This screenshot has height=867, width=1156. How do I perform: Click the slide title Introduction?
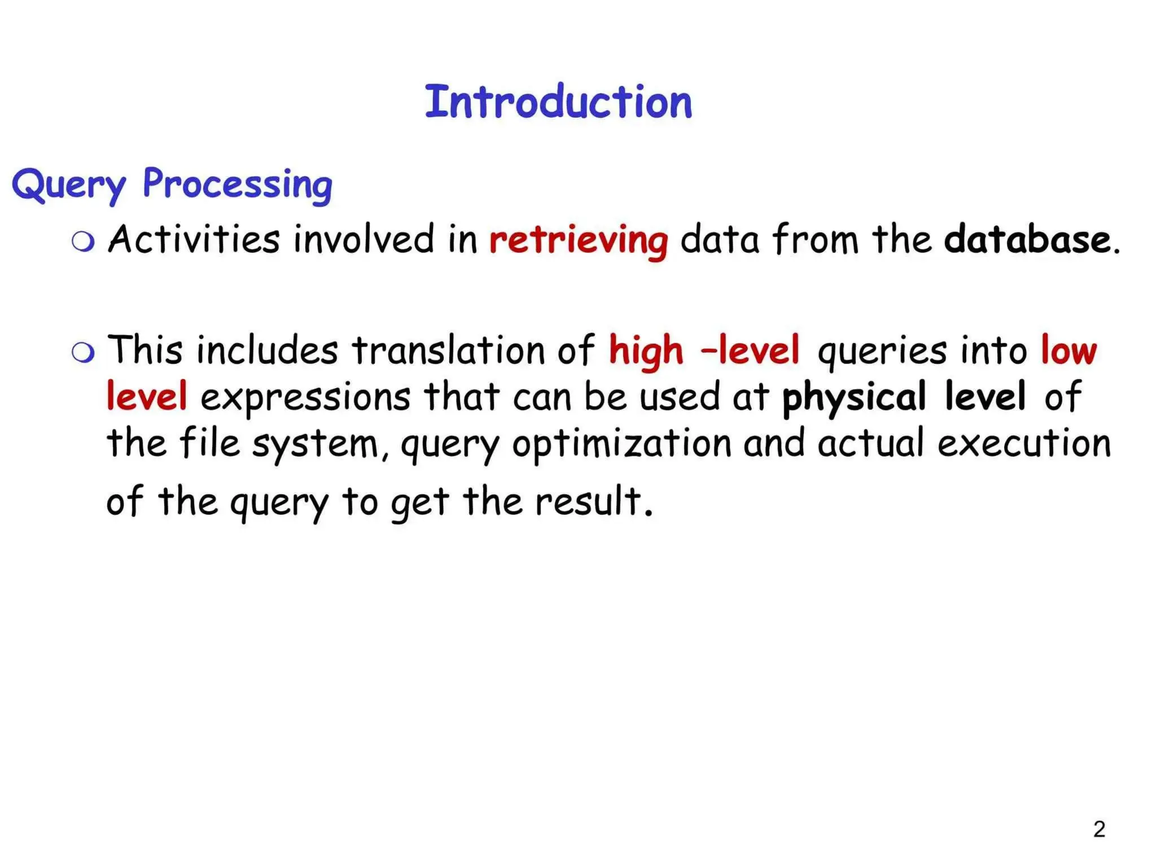click(558, 102)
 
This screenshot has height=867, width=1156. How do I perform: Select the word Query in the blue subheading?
click(68, 185)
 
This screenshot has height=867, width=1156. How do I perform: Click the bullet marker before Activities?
click(83, 242)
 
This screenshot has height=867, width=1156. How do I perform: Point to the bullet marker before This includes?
click(83, 353)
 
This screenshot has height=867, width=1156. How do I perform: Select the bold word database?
click(1027, 239)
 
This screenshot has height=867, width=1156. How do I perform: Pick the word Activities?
click(194, 239)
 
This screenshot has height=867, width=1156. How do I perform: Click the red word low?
click(1069, 351)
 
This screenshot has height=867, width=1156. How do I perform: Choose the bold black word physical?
click(853, 397)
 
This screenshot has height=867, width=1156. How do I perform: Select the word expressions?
click(305, 397)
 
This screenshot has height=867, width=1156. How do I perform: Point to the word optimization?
click(621, 444)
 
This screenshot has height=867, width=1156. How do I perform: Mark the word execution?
click(1024, 444)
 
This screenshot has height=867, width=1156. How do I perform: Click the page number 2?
click(1099, 829)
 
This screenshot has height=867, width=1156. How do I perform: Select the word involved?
click(364, 239)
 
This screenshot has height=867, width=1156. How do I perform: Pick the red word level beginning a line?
click(147, 396)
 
